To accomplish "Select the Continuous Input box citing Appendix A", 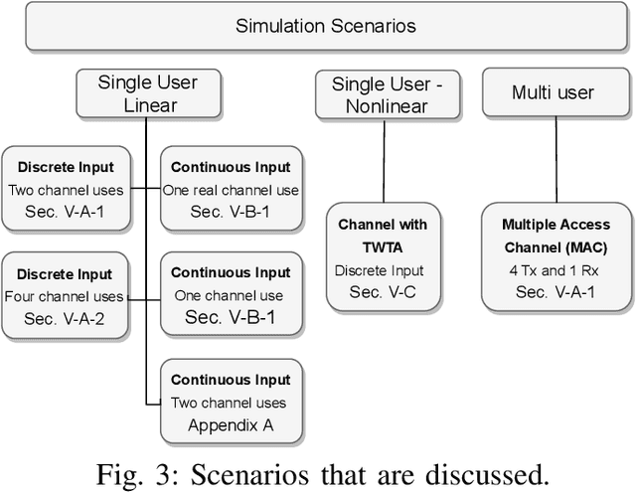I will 230,402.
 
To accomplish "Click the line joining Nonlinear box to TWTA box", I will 385,159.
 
